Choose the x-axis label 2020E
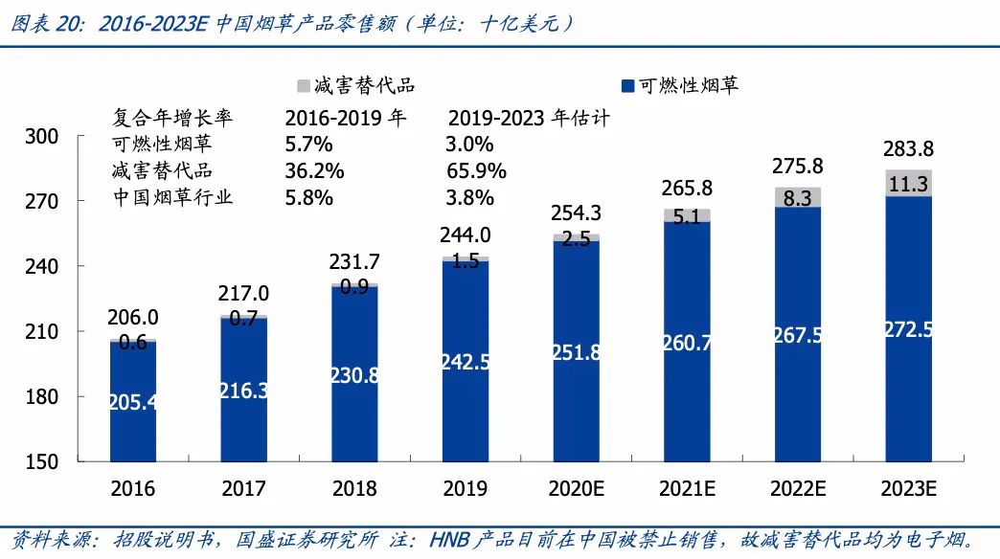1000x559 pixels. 576,489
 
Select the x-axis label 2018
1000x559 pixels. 354,489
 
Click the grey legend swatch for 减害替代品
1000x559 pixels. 304,86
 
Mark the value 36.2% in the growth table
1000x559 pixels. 308,171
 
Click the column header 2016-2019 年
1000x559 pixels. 346,119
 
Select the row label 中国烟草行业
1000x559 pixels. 172,198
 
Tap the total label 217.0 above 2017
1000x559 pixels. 243,294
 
